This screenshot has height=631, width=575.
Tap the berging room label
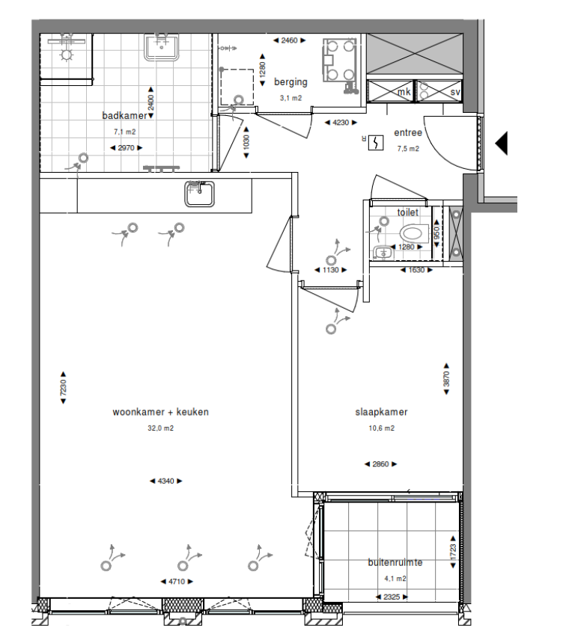tap(290, 82)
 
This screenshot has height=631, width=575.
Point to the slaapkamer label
tap(381, 412)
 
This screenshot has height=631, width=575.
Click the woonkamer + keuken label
tap(160, 412)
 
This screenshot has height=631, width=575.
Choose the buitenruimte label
tap(395, 563)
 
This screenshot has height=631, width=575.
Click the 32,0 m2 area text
tap(160, 428)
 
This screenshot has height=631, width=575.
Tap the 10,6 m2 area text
tap(381, 428)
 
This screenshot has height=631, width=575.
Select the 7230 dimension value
tap(64, 390)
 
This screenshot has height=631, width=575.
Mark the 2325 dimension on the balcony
tap(394, 597)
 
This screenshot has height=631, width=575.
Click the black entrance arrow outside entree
tap(501, 143)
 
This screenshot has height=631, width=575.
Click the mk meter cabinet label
tap(404, 92)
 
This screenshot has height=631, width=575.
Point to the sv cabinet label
tap(454, 92)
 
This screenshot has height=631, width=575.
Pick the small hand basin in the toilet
tap(382, 252)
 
